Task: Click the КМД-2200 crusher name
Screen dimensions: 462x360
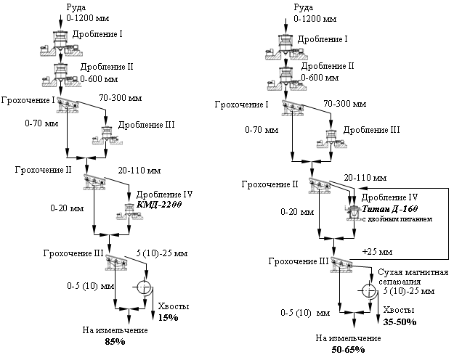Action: click(x=159, y=204)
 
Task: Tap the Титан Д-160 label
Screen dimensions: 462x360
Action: click(x=389, y=209)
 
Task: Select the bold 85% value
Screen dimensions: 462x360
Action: click(x=115, y=342)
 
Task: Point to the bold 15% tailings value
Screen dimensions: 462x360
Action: click(x=169, y=318)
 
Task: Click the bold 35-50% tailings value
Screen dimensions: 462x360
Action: click(x=400, y=322)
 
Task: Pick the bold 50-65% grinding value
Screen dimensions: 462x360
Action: click(x=348, y=349)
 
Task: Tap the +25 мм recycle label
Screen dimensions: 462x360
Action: click(x=377, y=252)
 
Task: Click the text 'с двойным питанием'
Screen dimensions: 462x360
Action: click(x=397, y=219)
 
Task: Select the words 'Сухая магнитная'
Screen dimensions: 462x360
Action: click(x=413, y=272)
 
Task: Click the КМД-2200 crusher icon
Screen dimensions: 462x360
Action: click(x=129, y=211)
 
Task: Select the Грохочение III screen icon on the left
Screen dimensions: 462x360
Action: click(x=116, y=262)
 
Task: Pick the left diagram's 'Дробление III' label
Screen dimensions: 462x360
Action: click(x=147, y=125)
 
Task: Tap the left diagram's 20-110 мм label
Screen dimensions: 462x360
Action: click(x=139, y=171)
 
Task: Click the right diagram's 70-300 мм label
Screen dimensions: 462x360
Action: click(x=345, y=104)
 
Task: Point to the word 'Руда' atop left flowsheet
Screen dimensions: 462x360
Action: click(x=76, y=7)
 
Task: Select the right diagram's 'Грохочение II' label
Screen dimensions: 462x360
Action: click(x=270, y=184)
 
